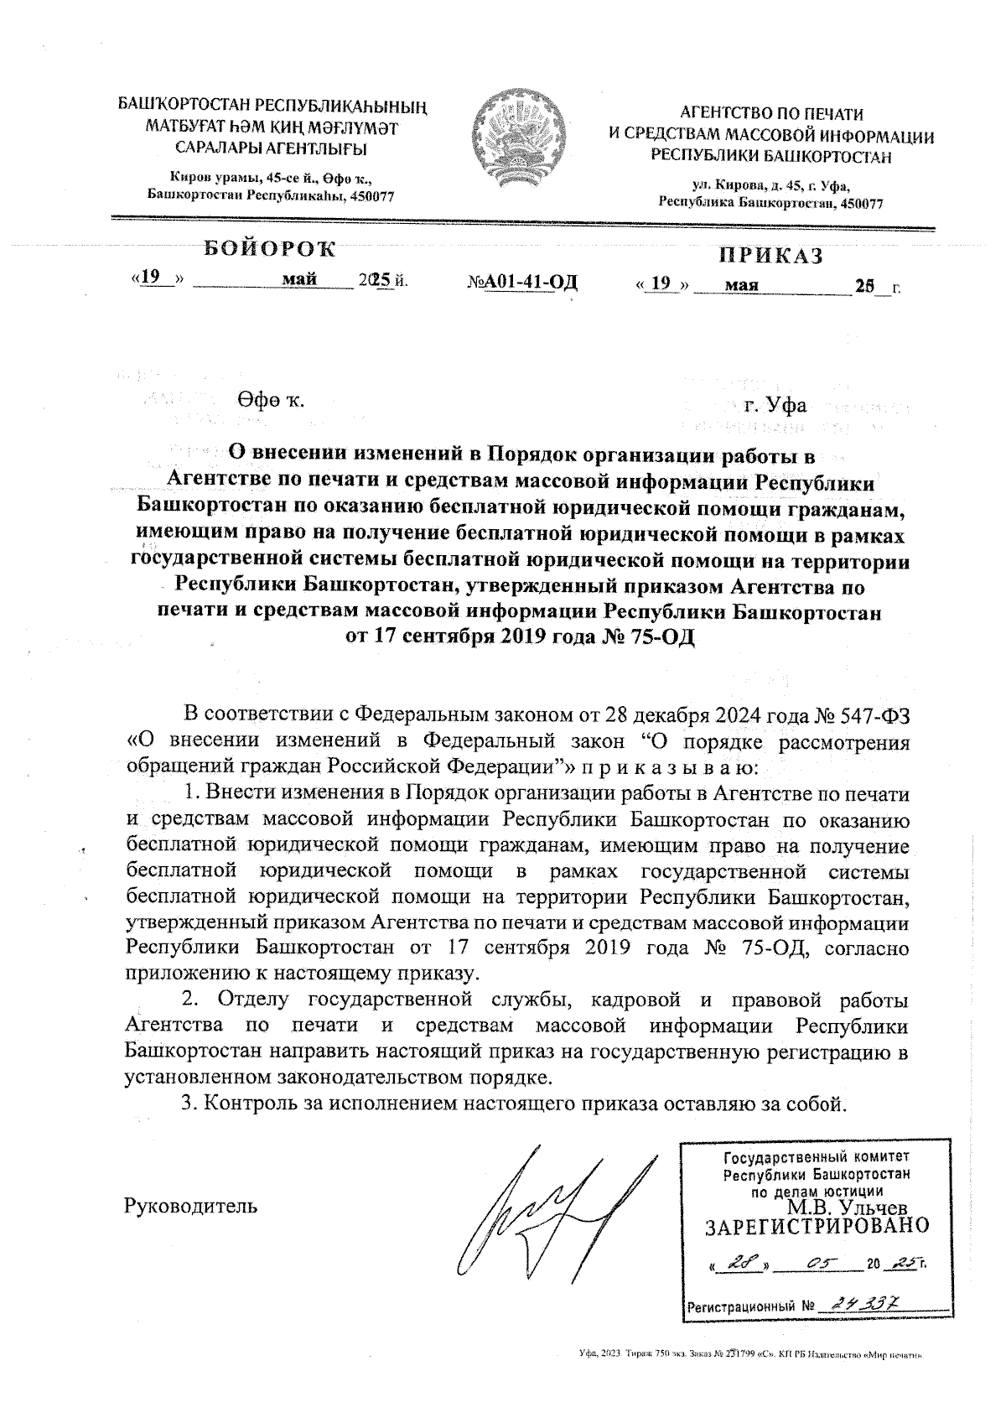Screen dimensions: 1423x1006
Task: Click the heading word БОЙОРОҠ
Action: pos(269,248)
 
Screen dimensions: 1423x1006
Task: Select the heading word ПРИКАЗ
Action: pos(771,256)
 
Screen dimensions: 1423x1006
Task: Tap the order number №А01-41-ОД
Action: pos(522,283)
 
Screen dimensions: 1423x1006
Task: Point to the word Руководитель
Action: pos(191,1206)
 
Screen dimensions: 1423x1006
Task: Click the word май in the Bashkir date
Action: pos(299,280)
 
